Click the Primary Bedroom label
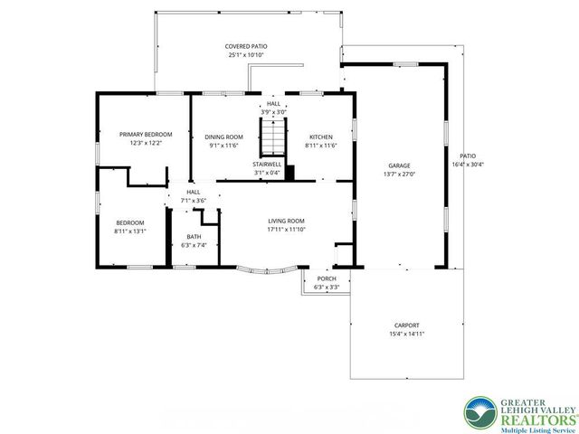(145, 134)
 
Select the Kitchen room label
(321, 137)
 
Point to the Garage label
(399, 166)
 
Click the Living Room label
(285, 222)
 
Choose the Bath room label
(194, 237)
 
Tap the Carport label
(406, 325)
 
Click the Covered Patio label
(246, 46)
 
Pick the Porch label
(326, 278)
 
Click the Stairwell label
(267, 164)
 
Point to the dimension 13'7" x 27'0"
(399, 175)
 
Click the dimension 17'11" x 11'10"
(285, 230)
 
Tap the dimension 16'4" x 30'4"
(468, 164)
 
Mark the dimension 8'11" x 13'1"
(130, 231)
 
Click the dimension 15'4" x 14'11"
(406, 334)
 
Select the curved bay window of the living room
(268, 269)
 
